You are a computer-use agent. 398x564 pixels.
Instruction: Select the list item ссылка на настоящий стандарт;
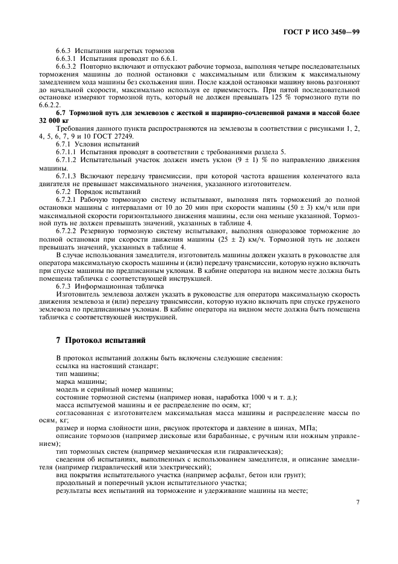(x=107, y=366)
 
